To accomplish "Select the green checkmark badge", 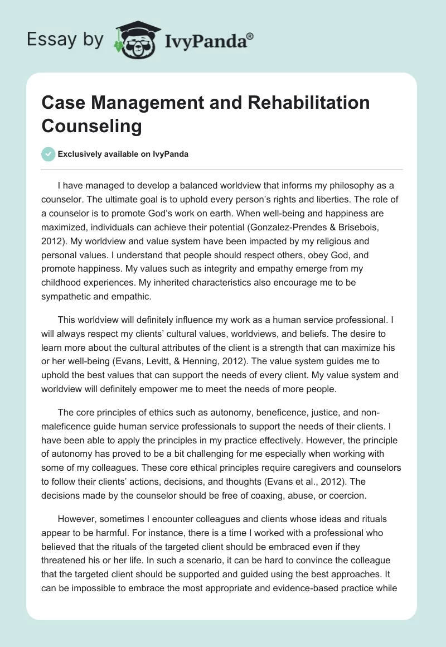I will click(x=49, y=154).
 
